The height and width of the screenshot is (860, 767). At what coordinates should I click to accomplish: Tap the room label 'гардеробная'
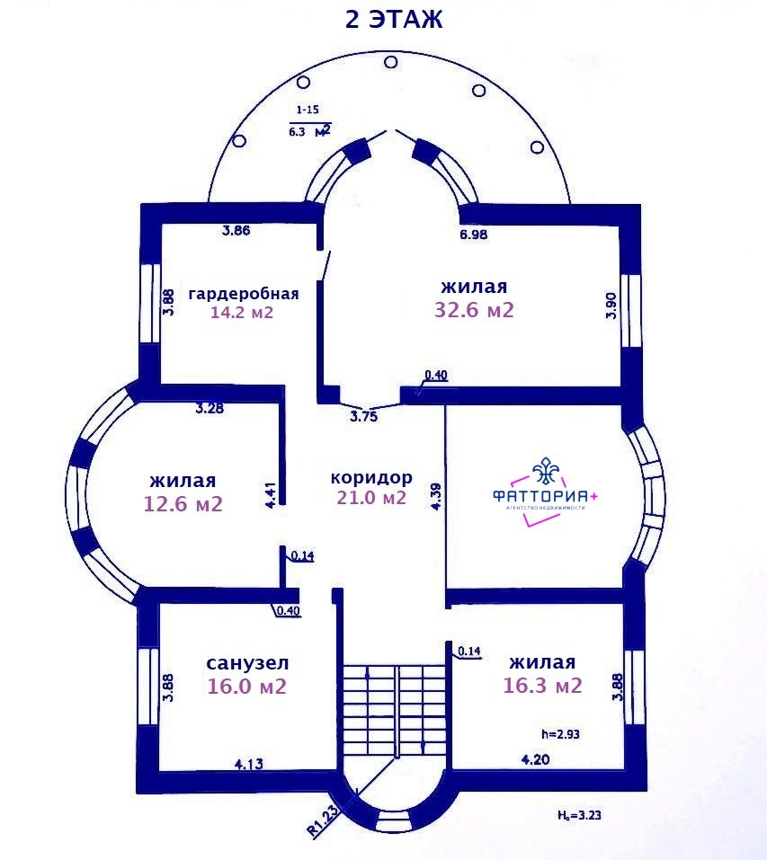tap(244, 294)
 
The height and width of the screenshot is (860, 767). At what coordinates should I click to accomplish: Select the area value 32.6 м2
tap(474, 310)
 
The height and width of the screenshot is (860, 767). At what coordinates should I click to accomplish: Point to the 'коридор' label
tap(371, 478)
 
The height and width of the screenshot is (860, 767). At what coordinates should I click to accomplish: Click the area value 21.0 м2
tap(371, 498)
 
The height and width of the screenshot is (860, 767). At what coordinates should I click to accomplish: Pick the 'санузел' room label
tap(247, 663)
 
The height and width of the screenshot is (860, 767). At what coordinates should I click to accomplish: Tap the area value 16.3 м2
tap(542, 686)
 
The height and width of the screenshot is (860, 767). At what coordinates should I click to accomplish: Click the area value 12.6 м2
tap(183, 504)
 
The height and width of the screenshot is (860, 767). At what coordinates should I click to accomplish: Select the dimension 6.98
tap(474, 235)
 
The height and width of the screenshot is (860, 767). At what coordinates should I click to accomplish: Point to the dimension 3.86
tap(236, 230)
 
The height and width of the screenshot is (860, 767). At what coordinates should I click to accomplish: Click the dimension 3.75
tap(364, 416)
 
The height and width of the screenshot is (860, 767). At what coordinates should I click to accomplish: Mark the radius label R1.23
tap(324, 820)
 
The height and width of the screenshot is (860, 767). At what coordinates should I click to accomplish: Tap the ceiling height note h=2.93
tap(560, 734)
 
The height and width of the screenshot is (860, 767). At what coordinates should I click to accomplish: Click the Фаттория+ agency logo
tap(545, 492)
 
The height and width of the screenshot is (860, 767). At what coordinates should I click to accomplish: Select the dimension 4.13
tap(248, 764)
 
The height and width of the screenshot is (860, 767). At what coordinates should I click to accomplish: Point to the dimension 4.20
tap(535, 759)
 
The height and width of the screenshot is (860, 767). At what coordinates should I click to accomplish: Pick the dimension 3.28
tap(210, 408)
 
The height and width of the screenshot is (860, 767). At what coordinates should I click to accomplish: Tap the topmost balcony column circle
tap(390, 62)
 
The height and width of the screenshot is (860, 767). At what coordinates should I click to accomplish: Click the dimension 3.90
tap(611, 306)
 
